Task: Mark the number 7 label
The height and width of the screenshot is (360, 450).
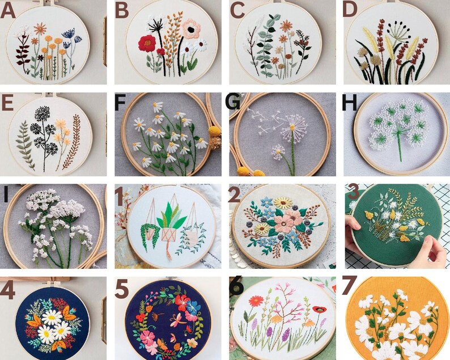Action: click(x=351, y=286)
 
